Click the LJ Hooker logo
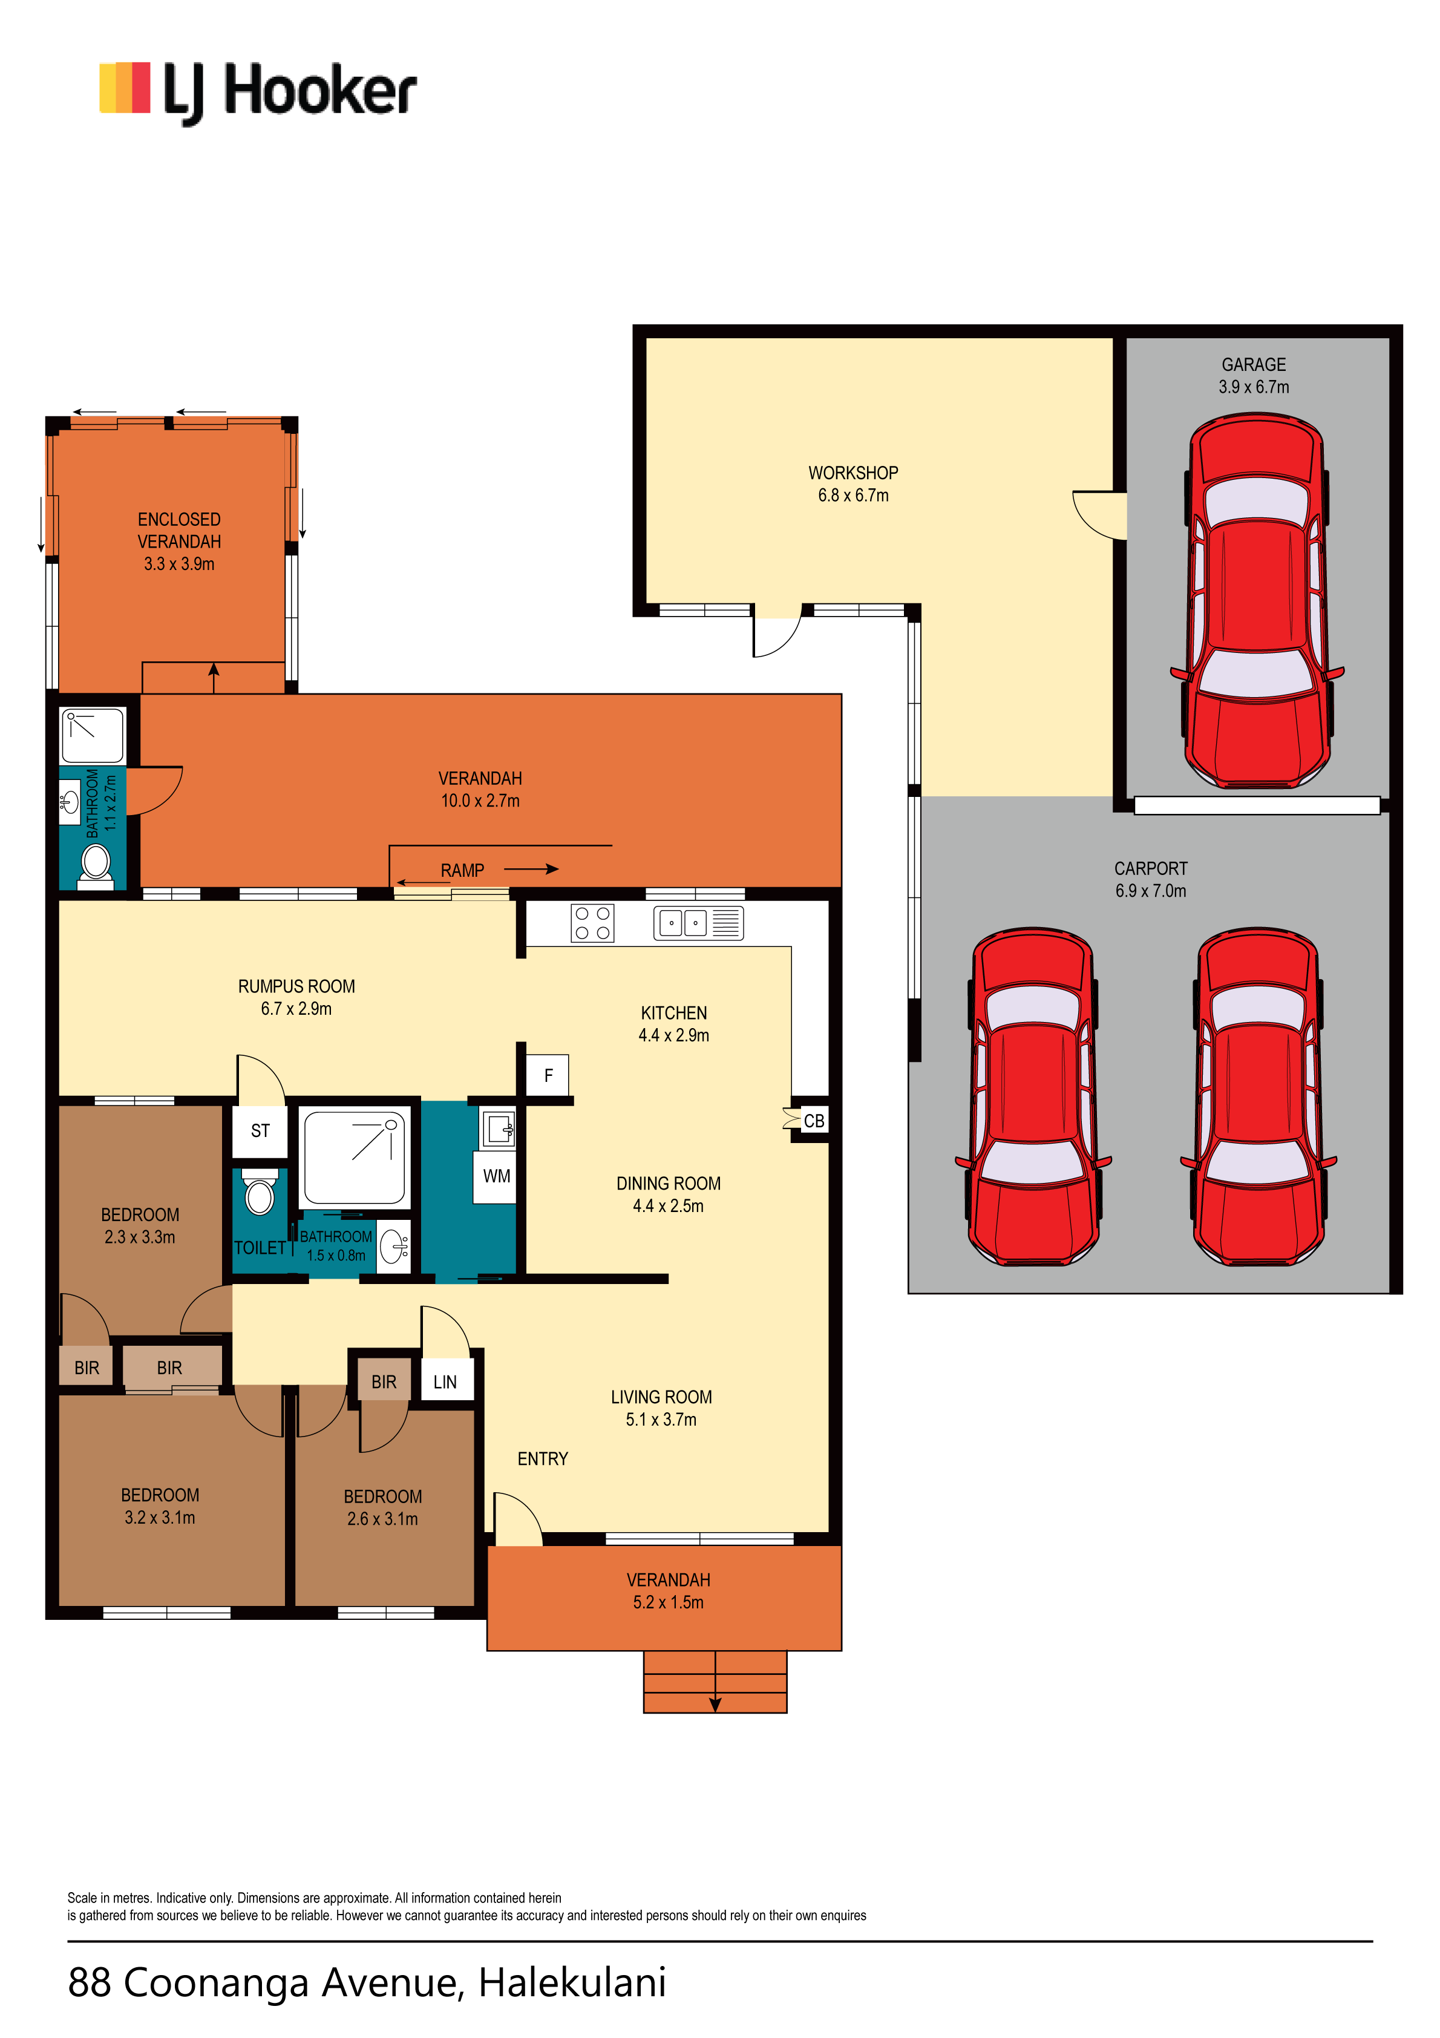[258, 93]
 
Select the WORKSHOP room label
[853, 473]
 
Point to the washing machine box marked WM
[496, 1176]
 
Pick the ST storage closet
[260, 1131]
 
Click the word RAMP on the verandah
[462, 871]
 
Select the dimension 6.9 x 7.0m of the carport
[1151, 891]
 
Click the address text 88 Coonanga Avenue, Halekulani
[367, 1982]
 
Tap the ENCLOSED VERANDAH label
[178, 530]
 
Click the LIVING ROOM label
[661, 1397]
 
